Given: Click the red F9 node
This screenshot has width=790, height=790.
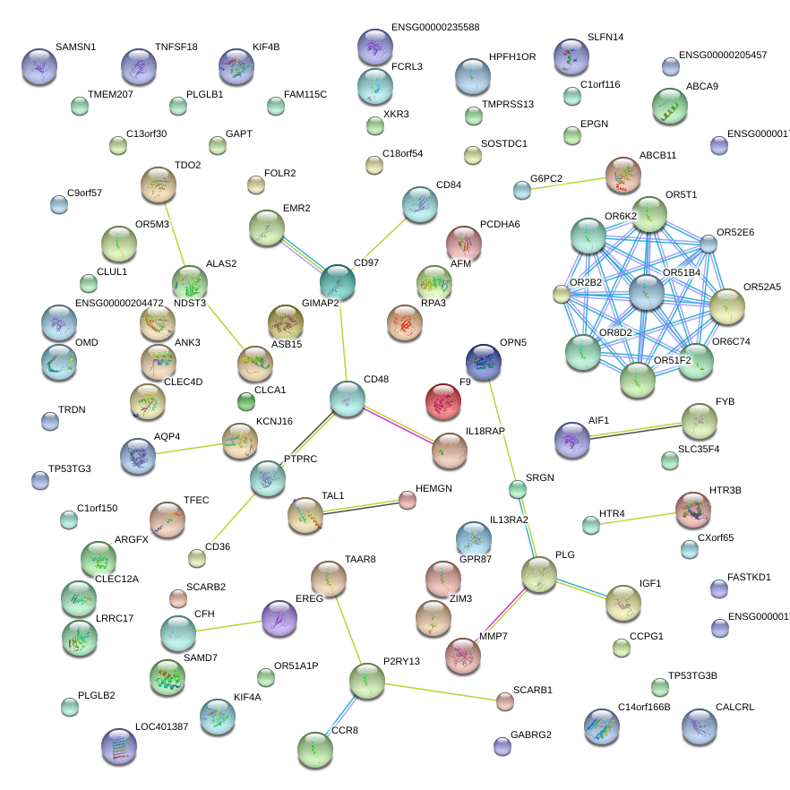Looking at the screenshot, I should click(443, 402).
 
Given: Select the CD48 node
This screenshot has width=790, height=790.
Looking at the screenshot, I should click(347, 399).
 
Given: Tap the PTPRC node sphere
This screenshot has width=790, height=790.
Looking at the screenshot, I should click(267, 478).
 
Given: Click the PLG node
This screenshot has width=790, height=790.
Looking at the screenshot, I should click(539, 574).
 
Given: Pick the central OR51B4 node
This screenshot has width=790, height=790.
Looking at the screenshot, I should click(646, 293).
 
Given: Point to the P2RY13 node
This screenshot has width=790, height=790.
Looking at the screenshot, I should click(367, 681).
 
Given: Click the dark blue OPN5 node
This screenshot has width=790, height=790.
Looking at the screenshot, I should click(484, 361).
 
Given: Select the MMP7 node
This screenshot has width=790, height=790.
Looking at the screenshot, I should click(463, 655).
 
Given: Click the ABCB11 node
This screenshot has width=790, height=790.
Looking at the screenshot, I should click(623, 175).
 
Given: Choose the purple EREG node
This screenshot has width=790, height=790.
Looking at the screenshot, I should click(279, 617).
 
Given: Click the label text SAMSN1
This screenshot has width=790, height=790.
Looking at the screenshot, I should click(75, 47).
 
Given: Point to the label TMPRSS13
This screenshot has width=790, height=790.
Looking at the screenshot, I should click(507, 104).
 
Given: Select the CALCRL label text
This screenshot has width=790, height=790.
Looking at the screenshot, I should click(734, 707).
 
